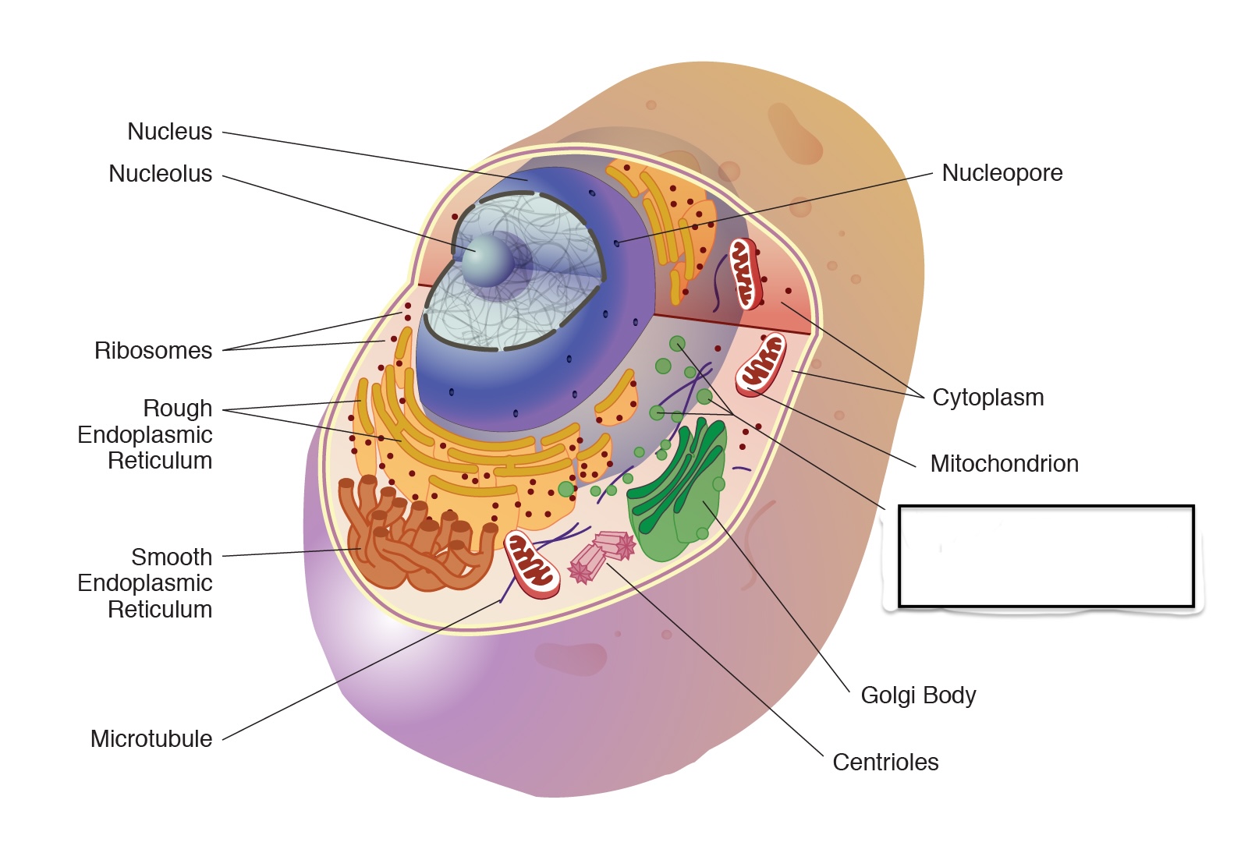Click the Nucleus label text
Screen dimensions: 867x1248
coord(169,132)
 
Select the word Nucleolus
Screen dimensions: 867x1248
coord(160,174)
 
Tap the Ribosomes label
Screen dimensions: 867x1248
coord(153,351)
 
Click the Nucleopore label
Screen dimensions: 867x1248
coord(1002,173)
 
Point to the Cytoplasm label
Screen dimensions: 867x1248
coord(988,398)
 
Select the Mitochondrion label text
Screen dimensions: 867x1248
coord(1005,464)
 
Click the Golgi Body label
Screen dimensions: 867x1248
coord(918,695)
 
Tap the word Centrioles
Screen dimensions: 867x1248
coord(885,763)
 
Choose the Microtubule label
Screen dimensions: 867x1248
coord(151,739)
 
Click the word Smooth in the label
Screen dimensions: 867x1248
coord(172,557)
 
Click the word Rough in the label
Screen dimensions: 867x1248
coord(178,409)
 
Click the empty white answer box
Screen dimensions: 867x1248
coord(1046,556)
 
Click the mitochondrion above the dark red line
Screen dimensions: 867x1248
coord(745,274)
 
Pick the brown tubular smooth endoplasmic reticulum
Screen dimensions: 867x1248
coord(413,538)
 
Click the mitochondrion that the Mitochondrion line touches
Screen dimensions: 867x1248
coord(761,363)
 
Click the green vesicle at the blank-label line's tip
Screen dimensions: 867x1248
coord(677,344)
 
